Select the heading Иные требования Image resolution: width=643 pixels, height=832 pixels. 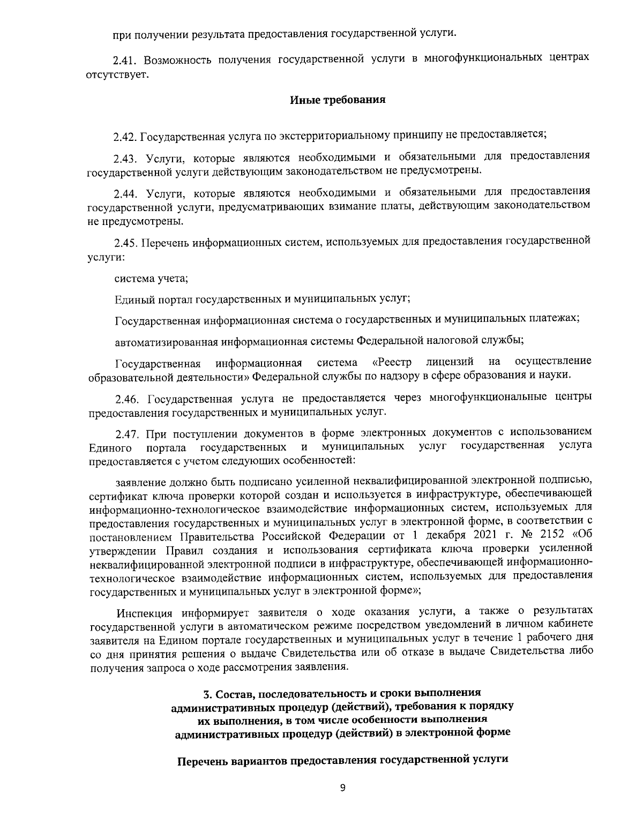338,100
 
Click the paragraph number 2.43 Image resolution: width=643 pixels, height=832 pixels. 125,158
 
